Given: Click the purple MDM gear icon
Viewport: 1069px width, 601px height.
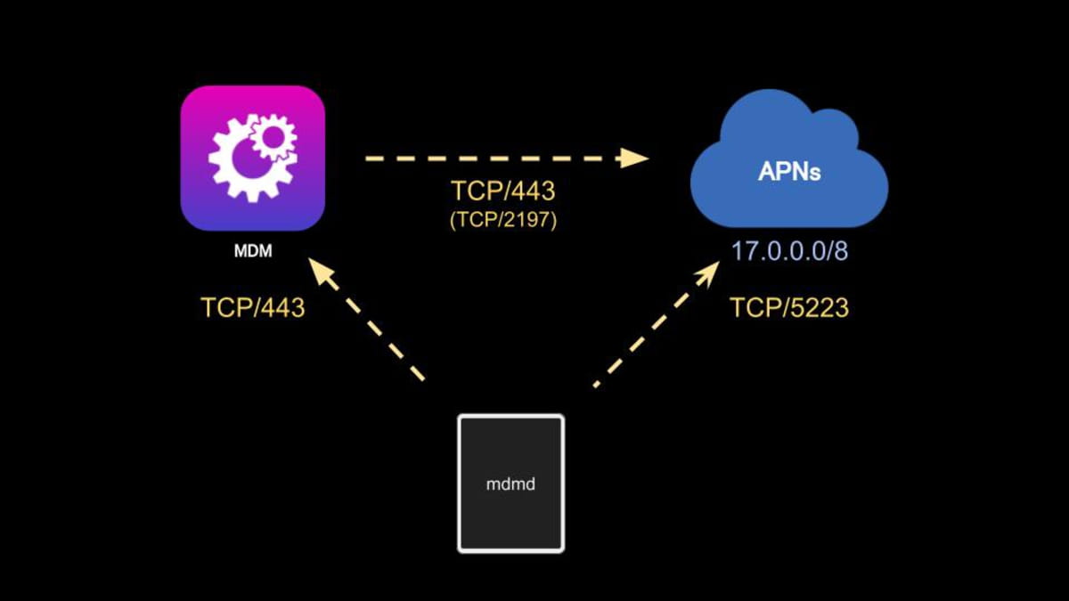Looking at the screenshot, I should (252, 158).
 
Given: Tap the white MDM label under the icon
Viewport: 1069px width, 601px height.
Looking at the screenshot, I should (252, 252).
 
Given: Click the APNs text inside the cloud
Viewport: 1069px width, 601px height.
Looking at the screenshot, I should (788, 172).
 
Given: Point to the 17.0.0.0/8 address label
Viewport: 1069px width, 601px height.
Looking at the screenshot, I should (789, 250).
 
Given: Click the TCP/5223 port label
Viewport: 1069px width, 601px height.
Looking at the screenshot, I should (789, 308).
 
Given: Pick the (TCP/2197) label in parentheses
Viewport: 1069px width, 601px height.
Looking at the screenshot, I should (504, 220).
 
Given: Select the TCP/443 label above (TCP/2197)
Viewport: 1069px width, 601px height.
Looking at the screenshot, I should (504, 191).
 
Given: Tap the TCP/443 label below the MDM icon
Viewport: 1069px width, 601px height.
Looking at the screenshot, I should (253, 308).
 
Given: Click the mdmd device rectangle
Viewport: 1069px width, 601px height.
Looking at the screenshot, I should (510, 483).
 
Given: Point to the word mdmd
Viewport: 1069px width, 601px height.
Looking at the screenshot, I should (510, 486).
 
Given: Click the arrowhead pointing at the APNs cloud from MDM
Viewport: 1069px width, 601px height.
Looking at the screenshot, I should (634, 158).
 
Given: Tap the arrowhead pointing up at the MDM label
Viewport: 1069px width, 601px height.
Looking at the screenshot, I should (319, 272).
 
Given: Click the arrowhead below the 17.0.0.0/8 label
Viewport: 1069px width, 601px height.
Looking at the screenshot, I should (708, 273).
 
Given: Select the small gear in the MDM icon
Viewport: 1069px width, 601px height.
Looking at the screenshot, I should (274, 135).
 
